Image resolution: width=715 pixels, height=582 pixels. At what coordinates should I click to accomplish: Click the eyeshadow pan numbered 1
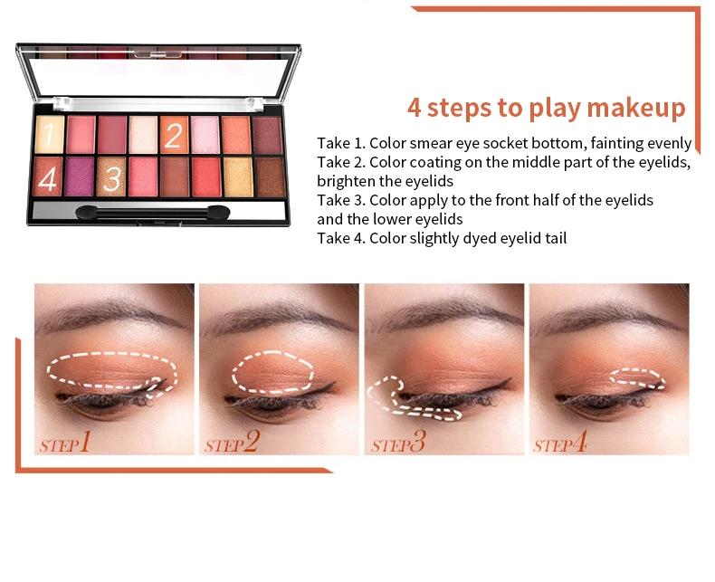[x=49, y=135]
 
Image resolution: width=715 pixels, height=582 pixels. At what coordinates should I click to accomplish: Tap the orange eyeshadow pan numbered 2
[x=174, y=135]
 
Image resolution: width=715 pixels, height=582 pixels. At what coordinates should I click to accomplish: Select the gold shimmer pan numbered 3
[x=111, y=177]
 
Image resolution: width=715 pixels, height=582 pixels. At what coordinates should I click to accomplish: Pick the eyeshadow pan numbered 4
[x=47, y=177]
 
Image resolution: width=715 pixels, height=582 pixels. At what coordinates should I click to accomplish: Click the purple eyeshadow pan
[x=80, y=177]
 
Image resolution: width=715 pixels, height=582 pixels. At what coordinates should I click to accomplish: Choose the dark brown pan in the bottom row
[x=270, y=177]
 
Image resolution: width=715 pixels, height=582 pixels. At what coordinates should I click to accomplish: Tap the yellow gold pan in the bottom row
[x=237, y=177]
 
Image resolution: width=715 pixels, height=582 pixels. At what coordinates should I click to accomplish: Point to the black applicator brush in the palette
[x=153, y=213]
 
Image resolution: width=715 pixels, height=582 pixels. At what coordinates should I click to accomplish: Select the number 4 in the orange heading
[x=414, y=108]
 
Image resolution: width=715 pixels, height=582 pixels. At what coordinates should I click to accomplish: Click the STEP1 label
[x=65, y=443]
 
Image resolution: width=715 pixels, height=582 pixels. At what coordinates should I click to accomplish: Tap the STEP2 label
[x=232, y=443]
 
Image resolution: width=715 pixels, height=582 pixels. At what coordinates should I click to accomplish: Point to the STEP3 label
[x=398, y=443]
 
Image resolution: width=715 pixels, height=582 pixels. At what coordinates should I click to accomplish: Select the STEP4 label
[x=560, y=443]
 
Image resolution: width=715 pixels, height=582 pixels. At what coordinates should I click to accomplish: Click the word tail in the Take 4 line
[x=556, y=238]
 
